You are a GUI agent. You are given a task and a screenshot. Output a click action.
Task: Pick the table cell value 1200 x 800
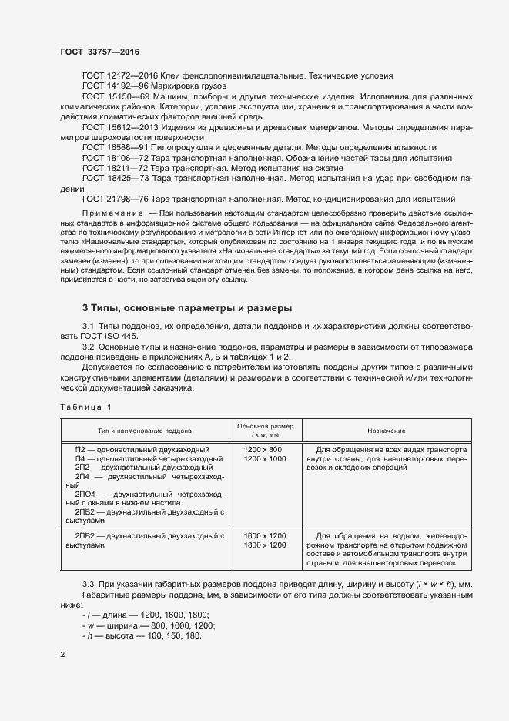pos(263,449)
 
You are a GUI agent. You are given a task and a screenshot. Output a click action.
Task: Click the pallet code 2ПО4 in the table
pos(85,494)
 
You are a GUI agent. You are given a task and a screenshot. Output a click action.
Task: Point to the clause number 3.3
pos(88,586)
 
